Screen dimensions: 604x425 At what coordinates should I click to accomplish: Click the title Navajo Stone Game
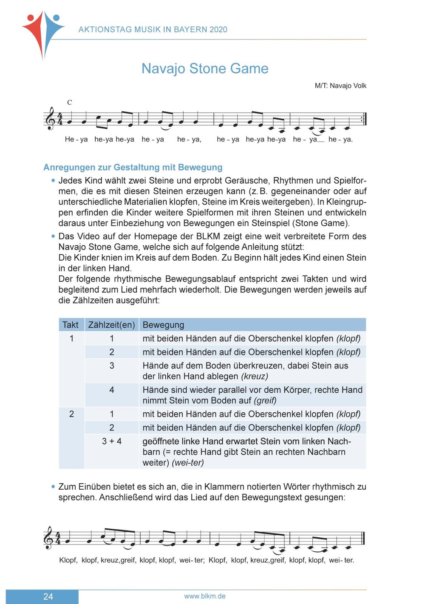(205, 68)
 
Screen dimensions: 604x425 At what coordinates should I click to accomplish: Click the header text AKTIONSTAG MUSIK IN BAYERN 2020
(153, 29)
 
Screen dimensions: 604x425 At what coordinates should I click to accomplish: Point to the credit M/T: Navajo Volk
(340, 85)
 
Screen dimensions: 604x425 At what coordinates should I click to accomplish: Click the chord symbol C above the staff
(70, 102)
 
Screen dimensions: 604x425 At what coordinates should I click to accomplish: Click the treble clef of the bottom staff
(50, 538)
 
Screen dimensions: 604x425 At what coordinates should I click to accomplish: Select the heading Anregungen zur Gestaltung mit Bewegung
(133, 167)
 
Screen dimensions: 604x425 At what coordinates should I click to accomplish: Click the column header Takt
(71, 325)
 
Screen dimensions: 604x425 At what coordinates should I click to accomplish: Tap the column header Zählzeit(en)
(111, 325)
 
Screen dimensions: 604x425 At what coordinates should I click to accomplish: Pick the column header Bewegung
(163, 325)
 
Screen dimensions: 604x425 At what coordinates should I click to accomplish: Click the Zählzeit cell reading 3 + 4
(111, 441)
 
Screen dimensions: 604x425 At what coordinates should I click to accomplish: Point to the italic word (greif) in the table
(265, 400)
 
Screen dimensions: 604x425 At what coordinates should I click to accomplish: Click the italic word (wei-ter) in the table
(188, 462)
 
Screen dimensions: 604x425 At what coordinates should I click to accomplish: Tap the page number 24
(48, 596)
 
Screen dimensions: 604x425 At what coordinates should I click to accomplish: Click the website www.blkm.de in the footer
(205, 596)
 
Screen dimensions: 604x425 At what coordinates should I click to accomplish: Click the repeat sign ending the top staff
(363, 119)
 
